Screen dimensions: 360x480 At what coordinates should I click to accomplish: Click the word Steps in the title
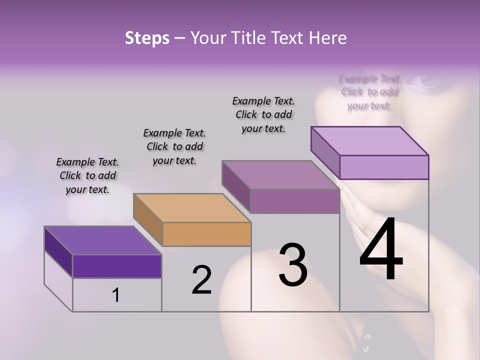click(x=147, y=38)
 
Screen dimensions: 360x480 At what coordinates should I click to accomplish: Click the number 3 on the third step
click(x=293, y=264)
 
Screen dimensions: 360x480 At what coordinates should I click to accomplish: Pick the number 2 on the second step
click(x=202, y=280)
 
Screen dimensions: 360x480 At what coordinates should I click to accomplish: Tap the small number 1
click(x=116, y=295)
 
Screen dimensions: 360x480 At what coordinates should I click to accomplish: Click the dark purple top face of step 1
click(x=102, y=240)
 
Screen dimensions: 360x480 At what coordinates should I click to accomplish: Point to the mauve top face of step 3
click(x=280, y=174)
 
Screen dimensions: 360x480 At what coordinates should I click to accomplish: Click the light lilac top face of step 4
click(x=370, y=140)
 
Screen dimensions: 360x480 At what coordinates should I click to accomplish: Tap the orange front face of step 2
click(x=206, y=234)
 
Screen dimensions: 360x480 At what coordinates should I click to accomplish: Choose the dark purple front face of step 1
click(x=117, y=266)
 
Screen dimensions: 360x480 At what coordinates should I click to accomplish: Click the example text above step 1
click(x=87, y=175)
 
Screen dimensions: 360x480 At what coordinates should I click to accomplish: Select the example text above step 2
click(x=174, y=146)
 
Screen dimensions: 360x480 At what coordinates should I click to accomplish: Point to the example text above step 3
click(x=263, y=114)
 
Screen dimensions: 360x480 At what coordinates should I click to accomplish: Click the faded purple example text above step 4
click(x=369, y=92)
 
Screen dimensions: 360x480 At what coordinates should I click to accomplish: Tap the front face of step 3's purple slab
click(x=295, y=200)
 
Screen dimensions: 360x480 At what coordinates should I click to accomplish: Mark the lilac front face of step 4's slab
click(x=384, y=167)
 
